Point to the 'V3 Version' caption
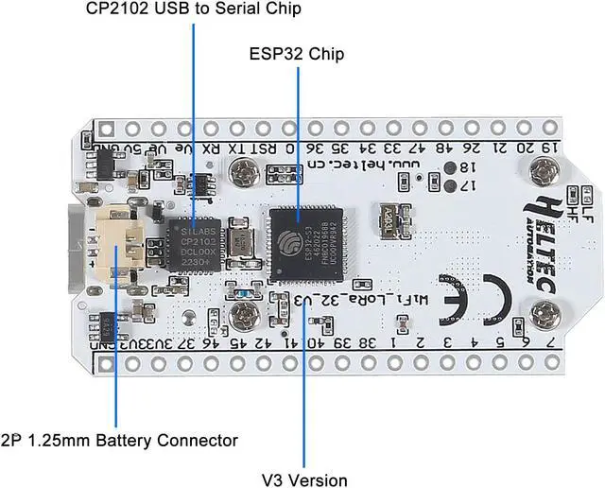tap(303, 480)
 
